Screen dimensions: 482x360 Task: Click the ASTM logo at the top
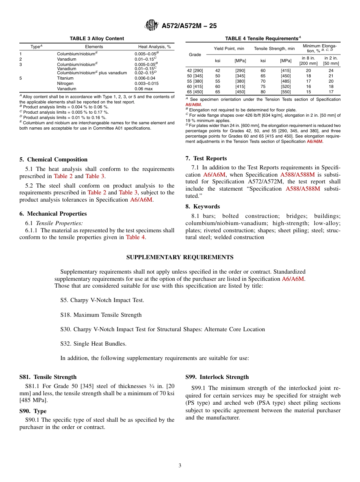coord(152,26)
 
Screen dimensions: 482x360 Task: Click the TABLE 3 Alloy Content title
coord(97,38)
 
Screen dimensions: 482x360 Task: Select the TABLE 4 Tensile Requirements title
coord(263,38)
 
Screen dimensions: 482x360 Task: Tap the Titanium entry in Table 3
coord(65,78)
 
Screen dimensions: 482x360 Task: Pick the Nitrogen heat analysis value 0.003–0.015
coord(146,83)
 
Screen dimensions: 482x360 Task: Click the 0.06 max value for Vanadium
coord(143,89)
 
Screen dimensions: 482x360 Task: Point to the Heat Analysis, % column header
coord(154,47)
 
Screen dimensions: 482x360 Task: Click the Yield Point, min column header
coord(229,49)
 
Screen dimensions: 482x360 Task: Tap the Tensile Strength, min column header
coord(274,49)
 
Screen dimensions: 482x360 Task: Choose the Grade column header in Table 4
coord(195,55)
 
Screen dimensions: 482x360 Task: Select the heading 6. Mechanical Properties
coord(53,214)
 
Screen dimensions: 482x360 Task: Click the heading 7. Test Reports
coord(206,158)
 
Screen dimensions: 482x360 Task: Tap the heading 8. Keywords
coord(202,207)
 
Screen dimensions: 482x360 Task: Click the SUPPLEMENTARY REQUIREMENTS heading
coord(180,257)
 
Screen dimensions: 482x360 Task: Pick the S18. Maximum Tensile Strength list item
coord(101,315)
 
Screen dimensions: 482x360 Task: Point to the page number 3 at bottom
coord(180,466)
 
